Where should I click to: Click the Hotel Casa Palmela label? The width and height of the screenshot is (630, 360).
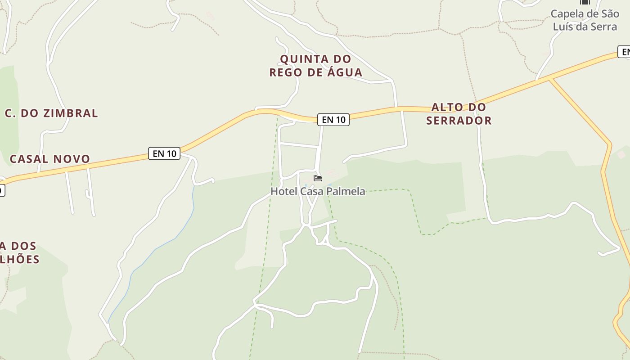pos(317,191)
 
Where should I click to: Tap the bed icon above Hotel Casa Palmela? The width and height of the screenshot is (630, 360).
pos(318,178)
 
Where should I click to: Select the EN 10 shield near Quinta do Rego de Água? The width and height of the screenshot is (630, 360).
pos(333,120)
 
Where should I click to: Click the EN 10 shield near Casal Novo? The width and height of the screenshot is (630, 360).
pos(164,153)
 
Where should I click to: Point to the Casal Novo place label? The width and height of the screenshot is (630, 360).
pos(50,159)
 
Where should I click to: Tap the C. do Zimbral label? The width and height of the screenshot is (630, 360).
pos(51,113)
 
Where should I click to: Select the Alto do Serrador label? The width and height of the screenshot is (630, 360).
pos(459,114)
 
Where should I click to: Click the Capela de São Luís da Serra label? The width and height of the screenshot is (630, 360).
pos(585,20)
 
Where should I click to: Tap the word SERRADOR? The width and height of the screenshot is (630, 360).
pos(459,121)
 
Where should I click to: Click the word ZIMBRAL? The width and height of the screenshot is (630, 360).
pos(70,113)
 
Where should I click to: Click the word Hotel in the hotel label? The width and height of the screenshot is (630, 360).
pos(283,191)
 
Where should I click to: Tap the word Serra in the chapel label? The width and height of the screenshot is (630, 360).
pos(604,27)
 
